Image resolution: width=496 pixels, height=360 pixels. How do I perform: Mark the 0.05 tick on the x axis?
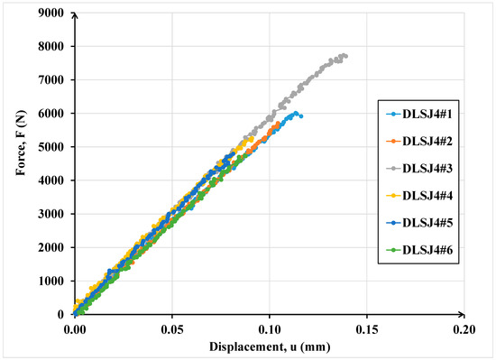coord(172,328)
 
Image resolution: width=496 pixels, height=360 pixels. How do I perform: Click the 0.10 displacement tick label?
coord(269,328)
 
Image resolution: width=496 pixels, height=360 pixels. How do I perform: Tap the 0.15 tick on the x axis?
coord(366,328)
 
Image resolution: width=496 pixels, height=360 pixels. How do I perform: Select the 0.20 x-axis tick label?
coord(463,328)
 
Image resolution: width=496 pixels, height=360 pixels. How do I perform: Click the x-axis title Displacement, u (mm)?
coord(269,346)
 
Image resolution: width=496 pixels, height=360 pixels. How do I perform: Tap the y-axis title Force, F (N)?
coord(17,163)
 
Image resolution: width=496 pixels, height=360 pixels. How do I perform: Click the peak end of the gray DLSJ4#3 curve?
coord(345,56)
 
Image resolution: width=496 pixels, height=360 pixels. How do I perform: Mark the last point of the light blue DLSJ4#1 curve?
coord(300,115)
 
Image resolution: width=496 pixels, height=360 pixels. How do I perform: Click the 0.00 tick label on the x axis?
coord(76,328)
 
